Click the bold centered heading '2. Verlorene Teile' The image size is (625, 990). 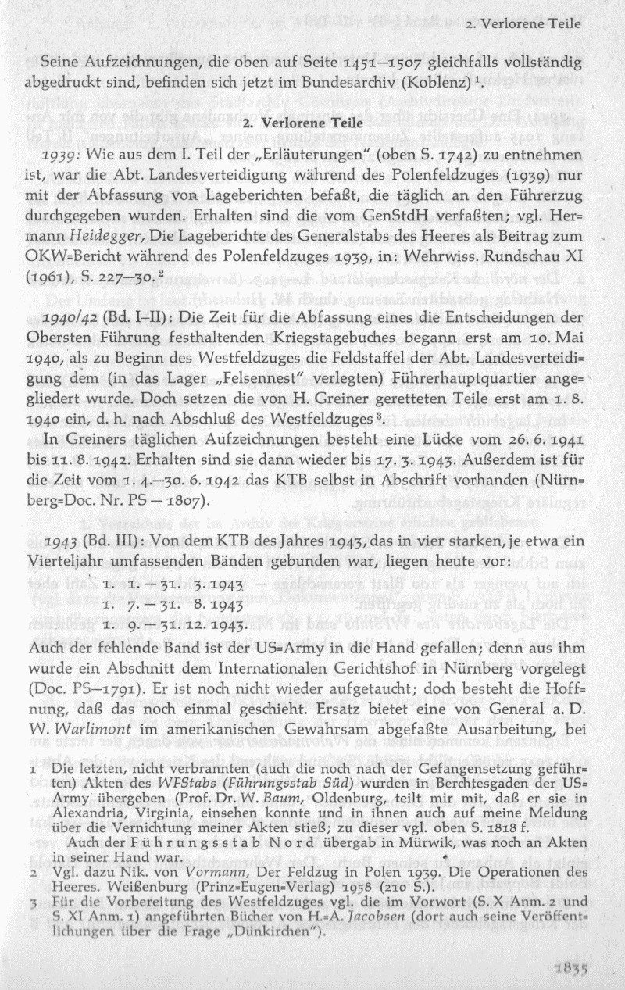click(x=311, y=123)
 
